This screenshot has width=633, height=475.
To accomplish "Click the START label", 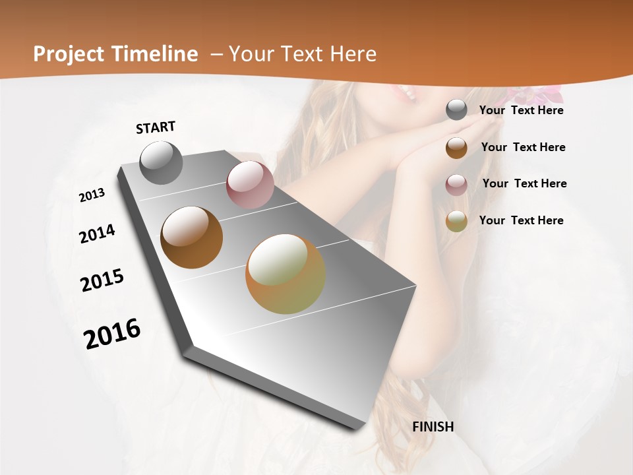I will (156, 127).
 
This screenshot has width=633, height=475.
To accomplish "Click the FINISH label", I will (433, 427).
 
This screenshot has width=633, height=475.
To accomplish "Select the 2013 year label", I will (92, 195).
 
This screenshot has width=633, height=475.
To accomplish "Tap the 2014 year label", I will (98, 234).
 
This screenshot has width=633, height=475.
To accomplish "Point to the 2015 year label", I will (102, 281).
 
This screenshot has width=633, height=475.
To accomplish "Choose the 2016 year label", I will (112, 333).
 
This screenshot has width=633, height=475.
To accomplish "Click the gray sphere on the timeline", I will (162, 162).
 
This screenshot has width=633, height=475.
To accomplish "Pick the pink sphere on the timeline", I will (250, 185).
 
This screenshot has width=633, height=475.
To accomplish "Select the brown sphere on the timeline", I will (192, 237).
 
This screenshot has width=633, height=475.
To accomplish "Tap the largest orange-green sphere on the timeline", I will (286, 274).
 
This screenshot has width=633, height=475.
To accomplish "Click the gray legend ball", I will (456, 110).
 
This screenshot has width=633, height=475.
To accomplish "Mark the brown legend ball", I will (456, 148).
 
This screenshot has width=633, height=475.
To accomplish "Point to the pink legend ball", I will (456, 185).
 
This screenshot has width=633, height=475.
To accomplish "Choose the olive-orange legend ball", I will (456, 221).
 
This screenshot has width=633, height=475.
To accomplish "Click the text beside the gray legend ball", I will (522, 110).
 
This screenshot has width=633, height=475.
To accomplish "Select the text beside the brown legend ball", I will (524, 147).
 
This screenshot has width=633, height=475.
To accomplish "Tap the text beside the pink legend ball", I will (525, 183).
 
